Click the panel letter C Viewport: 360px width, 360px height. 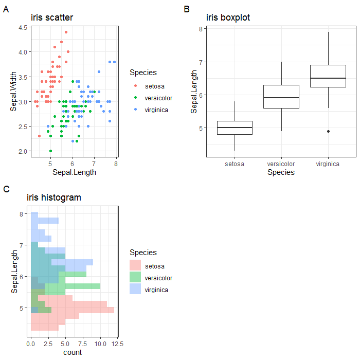6,189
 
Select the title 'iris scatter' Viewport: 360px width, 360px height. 52,18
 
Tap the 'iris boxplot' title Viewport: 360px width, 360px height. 228,18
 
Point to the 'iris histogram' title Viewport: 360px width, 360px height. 54,197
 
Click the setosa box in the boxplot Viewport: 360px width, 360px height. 235,128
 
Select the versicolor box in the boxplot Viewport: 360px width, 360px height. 281,97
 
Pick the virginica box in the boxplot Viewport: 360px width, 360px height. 328,76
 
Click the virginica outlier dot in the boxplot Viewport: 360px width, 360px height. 328,131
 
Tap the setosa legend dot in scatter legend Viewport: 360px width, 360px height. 135,85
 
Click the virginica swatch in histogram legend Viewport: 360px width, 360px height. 135,290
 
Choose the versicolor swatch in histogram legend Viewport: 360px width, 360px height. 135,278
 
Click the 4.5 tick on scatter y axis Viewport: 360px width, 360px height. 23,27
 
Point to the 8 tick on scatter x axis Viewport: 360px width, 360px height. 116,164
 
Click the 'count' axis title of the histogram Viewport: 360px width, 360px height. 73,352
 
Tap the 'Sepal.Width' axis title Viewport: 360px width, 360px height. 14,91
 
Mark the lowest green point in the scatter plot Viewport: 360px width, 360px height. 50,151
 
